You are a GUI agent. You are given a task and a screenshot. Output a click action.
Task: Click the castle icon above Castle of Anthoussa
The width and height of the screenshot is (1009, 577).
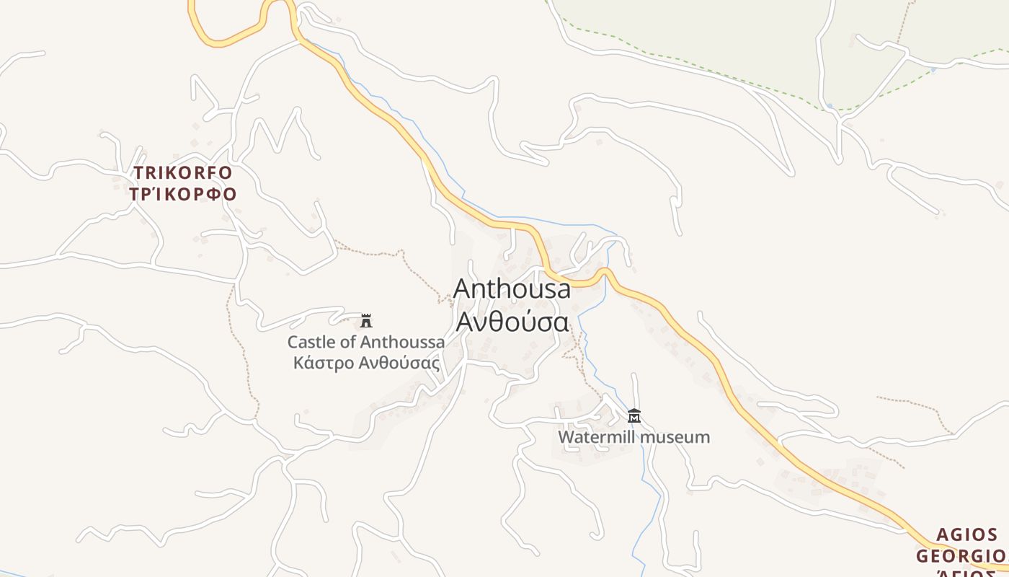366,320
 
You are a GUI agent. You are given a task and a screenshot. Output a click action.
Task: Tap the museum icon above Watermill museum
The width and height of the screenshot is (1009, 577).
634,415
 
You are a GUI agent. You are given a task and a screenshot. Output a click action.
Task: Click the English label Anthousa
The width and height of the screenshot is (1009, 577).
512,288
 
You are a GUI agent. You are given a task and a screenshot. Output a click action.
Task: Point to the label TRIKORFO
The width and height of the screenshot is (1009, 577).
182,173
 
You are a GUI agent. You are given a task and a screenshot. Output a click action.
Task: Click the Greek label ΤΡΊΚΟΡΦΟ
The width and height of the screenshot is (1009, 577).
183,194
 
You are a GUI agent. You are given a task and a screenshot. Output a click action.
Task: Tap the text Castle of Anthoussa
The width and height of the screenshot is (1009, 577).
366,342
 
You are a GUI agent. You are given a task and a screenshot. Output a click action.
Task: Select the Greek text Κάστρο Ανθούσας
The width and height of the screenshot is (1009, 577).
366,363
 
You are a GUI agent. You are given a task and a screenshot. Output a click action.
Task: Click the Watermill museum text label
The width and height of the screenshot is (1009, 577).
634,437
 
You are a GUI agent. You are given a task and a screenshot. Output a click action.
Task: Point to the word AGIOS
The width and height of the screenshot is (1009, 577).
966,535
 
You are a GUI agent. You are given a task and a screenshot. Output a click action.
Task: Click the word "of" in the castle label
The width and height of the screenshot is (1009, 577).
349,342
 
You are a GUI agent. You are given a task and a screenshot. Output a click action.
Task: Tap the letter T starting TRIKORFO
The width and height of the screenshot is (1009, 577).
138,173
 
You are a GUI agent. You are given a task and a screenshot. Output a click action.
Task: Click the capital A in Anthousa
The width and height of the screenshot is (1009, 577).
462,288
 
